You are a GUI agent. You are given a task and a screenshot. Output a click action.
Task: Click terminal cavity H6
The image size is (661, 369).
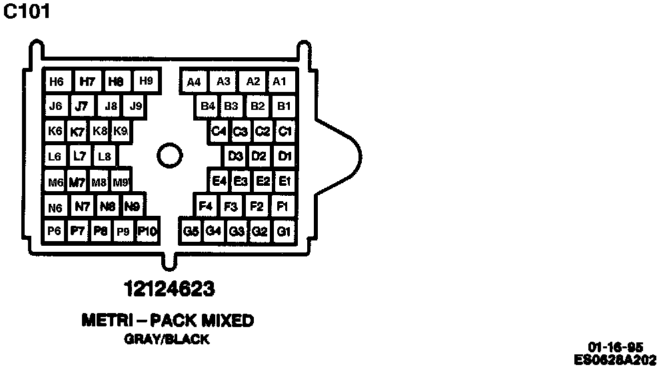coord(57,82)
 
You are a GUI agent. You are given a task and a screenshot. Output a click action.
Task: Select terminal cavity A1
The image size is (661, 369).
coord(280,82)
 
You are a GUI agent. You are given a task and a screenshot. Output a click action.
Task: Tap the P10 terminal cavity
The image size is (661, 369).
coord(147,231)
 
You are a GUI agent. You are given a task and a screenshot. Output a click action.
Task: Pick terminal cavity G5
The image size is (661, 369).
coord(191,231)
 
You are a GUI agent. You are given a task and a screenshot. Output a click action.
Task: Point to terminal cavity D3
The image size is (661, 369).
coord(235,157)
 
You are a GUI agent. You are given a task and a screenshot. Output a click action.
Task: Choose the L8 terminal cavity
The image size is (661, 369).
coord(104,157)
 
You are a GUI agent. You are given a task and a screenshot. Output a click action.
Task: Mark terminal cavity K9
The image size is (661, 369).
coord(121,131)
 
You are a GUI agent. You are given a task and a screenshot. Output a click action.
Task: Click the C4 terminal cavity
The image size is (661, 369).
coord(219,131)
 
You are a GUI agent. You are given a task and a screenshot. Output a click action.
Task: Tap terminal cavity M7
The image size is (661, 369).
coord(77,182)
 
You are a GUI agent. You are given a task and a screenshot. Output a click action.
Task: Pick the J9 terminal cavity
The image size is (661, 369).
coord(136,106)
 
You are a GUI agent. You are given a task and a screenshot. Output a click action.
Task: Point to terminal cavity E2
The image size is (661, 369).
coord(263,181)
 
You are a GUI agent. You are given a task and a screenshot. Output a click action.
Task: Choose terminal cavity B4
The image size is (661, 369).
coord(208,106)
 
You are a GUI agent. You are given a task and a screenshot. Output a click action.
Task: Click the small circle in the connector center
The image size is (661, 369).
coord(169,157)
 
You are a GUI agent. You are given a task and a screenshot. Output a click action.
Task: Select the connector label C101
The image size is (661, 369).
coord(27,12)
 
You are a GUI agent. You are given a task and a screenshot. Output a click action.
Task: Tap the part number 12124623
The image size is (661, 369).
coord(169,290)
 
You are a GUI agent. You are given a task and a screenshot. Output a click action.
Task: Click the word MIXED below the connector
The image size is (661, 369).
coord(223,321)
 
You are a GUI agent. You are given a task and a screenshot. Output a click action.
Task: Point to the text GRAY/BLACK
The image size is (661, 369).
coord(167,340)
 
